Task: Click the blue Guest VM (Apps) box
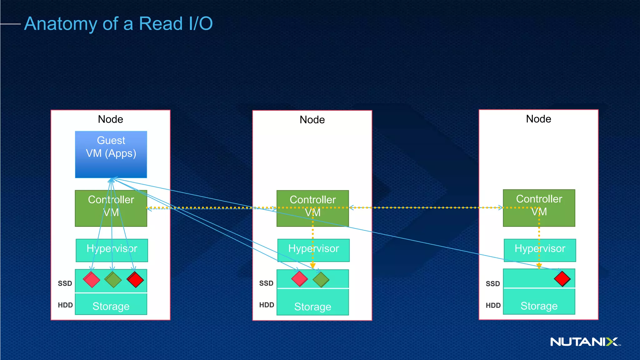tap(111, 154)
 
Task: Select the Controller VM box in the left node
tap(111, 208)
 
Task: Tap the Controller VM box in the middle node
tap(312, 208)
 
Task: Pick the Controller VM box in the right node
tap(539, 208)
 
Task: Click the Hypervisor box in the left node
tap(112, 250)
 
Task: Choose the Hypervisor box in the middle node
tap(313, 250)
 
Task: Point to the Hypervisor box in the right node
tap(540, 250)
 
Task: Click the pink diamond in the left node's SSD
tap(92, 280)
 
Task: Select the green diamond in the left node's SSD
tap(113, 280)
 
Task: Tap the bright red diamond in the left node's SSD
tap(135, 280)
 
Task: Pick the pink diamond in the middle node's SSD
tap(299, 279)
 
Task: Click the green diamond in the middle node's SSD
tap(321, 280)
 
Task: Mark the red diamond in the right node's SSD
tap(562, 279)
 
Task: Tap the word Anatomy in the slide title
tap(61, 24)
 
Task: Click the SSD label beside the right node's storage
tap(493, 284)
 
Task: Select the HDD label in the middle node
tap(267, 305)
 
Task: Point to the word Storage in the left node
tap(111, 306)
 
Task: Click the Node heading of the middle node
tap(312, 120)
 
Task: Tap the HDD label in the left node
tap(65, 305)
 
